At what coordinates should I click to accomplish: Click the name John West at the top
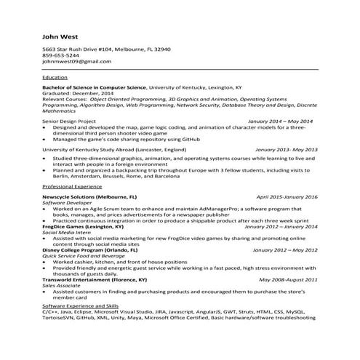(60, 35)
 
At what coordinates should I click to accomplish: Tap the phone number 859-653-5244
(61, 55)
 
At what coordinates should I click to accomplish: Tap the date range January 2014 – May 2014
(280, 121)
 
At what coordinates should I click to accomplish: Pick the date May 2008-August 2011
(284, 279)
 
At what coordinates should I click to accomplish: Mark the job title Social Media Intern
(67, 232)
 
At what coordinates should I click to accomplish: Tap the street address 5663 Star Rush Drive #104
(83, 49)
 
